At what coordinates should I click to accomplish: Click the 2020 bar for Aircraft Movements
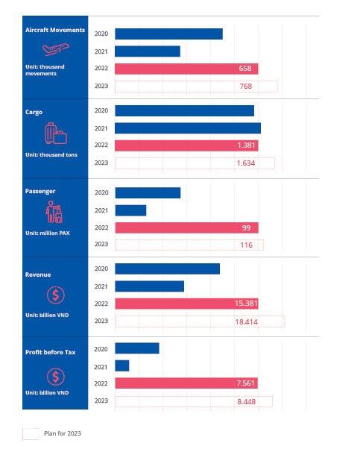click(168, 34)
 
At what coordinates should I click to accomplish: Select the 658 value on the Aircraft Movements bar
click(245, 69)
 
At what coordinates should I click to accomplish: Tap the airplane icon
click(56, 48)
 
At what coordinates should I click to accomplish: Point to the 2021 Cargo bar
click(188, 128)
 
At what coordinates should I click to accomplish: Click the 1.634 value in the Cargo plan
click(246, 163)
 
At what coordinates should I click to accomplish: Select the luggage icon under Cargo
click(56, 134)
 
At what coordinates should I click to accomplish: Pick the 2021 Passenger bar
click(130, 210)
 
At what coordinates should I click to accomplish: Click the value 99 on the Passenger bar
click(246, 228)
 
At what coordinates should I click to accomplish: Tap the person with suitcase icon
click(54, 212)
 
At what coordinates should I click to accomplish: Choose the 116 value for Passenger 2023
click(247, 245)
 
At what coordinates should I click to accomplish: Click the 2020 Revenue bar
click(168, 269)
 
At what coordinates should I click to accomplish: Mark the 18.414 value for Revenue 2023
click(246, 321)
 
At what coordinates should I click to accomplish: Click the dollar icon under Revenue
click(56, 295)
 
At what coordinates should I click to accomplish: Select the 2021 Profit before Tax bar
click(122, 366)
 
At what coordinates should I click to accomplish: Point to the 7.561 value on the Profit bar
click(245, 383)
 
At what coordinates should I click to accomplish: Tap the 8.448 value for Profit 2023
click(247, 402)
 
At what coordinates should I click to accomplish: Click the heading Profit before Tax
click(51, 352)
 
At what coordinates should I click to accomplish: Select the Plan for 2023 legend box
click(31, 433)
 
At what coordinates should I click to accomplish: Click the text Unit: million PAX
click(48, 233)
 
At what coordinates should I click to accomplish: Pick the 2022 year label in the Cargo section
click(101, 145)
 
